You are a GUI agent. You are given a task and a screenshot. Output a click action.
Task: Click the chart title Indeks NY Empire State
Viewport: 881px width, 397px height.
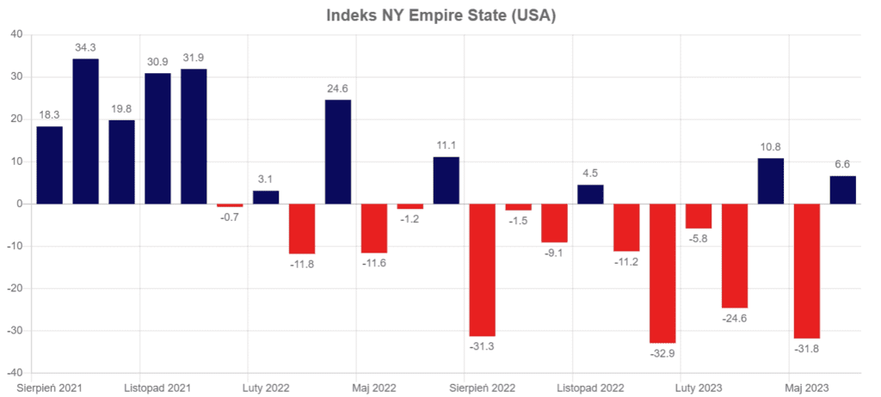(x=440, y=15)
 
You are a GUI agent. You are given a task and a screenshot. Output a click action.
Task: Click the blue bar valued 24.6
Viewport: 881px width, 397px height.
(x=338, y=152)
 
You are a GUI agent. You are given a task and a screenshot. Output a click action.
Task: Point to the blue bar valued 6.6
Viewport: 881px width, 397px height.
(x=843, y=190)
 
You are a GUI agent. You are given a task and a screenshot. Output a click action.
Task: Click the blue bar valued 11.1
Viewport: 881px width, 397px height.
(x=446, y=180)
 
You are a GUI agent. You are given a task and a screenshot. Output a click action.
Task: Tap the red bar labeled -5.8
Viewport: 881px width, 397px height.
(x=699, y=216)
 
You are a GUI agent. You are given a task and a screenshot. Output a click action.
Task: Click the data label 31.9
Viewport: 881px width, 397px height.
(x=194, y=58)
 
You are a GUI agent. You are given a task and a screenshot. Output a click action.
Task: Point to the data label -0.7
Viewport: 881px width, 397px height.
(x=230, y=218)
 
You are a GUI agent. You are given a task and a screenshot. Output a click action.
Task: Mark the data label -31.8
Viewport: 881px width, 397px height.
(x=807, y=350)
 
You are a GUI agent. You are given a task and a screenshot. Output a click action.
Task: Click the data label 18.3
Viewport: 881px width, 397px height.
(x=49, y=115)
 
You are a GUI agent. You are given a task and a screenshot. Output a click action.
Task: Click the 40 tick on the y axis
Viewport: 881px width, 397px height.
(x=15, y=34)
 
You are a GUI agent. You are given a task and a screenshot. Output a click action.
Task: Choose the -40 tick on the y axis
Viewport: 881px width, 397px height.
(x=14, y=374)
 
